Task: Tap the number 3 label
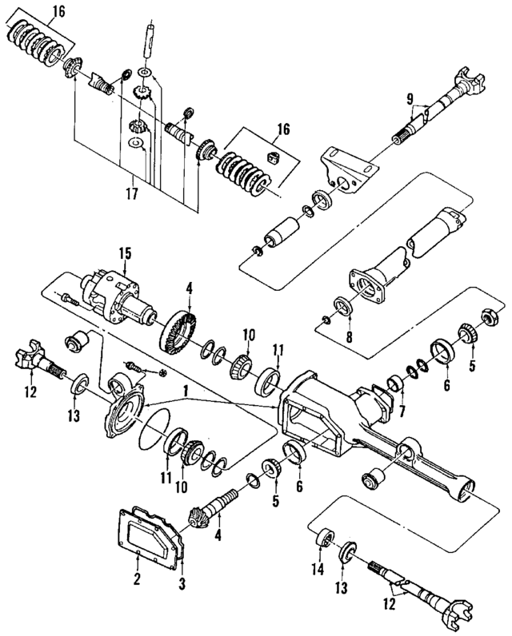182,585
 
